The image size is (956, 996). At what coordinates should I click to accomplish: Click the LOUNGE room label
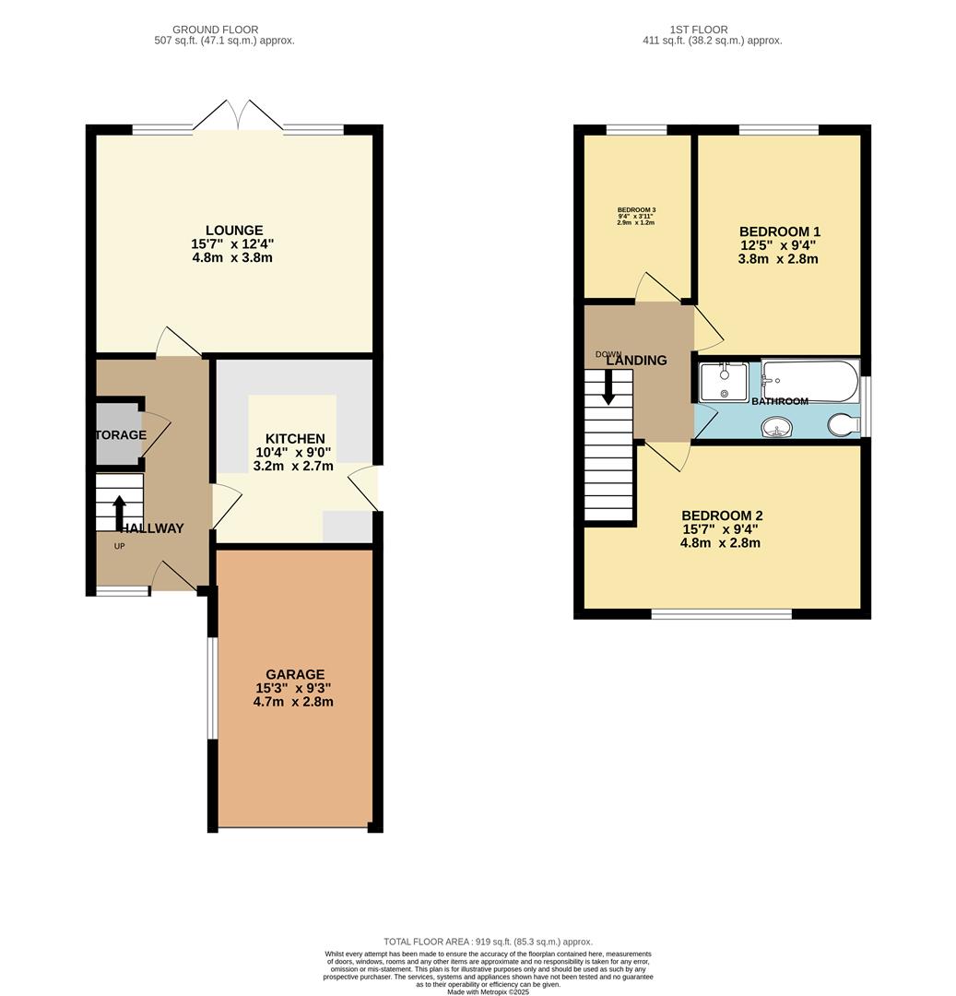click(x=234, y=231)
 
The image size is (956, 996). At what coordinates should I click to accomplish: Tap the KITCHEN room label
click(x=295, y=439)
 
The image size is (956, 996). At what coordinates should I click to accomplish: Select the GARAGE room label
click(x=295, y=674)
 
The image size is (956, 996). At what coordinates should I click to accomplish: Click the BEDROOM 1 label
click(x=779, y=231)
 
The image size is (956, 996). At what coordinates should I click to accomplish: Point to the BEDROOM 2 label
click(x=722, y=516)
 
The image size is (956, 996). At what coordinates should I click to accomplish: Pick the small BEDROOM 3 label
click(x=636, y=210)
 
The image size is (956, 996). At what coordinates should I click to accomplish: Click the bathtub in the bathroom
click(x=810, y=380)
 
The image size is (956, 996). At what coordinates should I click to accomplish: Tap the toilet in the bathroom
click(x=844, y=424)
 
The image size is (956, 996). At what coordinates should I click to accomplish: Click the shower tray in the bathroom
click(x=724, y=381)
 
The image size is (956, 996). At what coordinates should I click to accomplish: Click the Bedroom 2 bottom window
click(x=722, y=613)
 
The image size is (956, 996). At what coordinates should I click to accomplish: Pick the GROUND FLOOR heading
click(x=215, y=30)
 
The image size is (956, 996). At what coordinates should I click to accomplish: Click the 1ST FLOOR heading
click(x=698, y=30)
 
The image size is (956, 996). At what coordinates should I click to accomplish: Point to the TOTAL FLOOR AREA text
click(x=488, y=942)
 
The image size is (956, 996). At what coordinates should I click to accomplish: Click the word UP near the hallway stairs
click(x=119, y=546)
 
